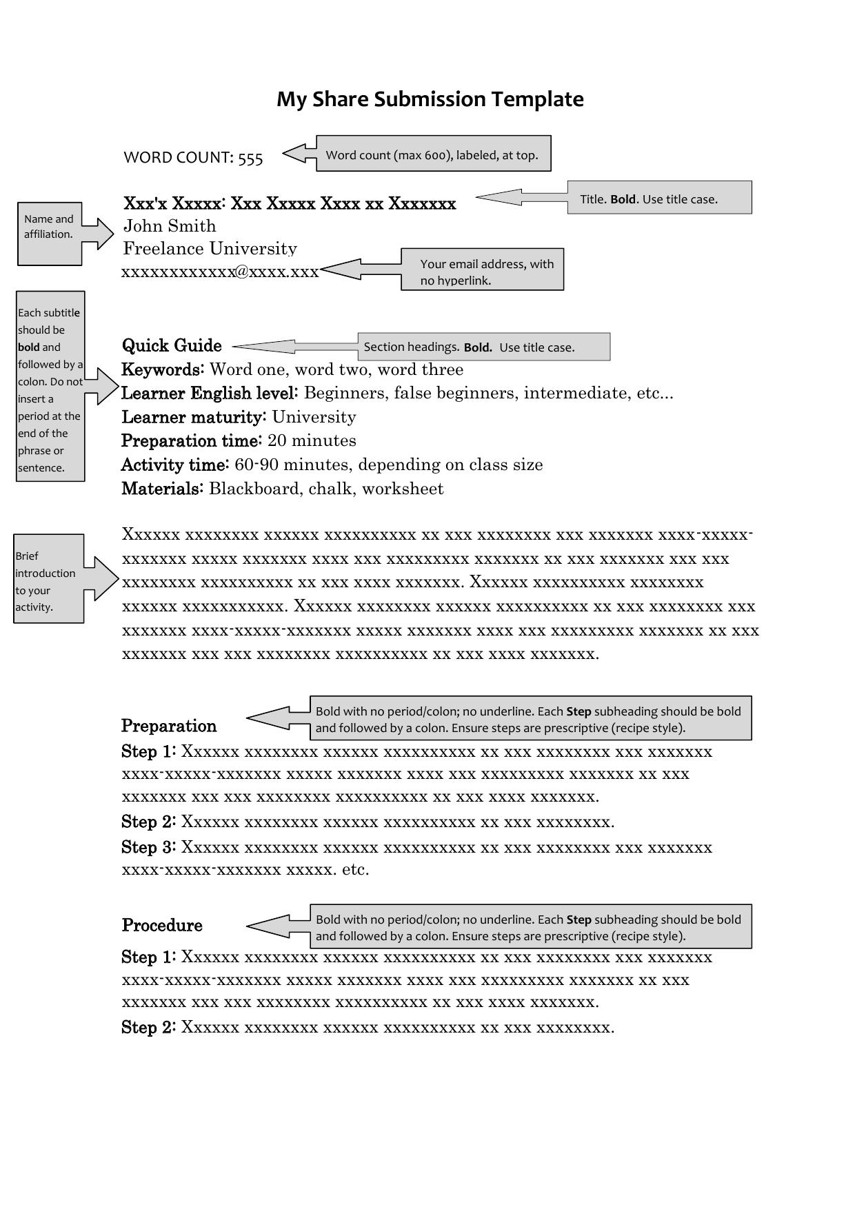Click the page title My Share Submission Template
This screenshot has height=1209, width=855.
(430, 99)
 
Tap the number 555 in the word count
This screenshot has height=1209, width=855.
(250, 159)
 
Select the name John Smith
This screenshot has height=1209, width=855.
(170, 226)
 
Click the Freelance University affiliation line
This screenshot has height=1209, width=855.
(210, 249)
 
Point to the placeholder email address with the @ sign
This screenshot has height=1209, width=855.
(220, 272)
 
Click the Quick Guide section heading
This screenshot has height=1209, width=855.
(172, 346)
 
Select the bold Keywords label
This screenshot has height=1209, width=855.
(162, 369)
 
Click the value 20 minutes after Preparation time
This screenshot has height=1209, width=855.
(312, 440)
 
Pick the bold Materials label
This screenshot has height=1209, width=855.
(162, 489)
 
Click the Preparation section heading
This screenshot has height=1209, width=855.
(169, 726)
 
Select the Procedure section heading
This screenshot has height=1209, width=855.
(162, 925)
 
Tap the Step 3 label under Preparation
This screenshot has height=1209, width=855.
(148, 847)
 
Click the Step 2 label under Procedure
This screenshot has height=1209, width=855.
(148, 1028)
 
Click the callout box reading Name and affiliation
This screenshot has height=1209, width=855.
(50, 233)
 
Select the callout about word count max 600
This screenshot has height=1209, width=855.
(433, 154)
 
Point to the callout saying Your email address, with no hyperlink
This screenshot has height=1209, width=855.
(483, 270)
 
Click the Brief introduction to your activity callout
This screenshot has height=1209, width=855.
(48, 579)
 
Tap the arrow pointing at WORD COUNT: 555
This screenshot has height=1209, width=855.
(299, 154)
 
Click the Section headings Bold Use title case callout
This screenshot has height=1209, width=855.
(483, 347)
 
